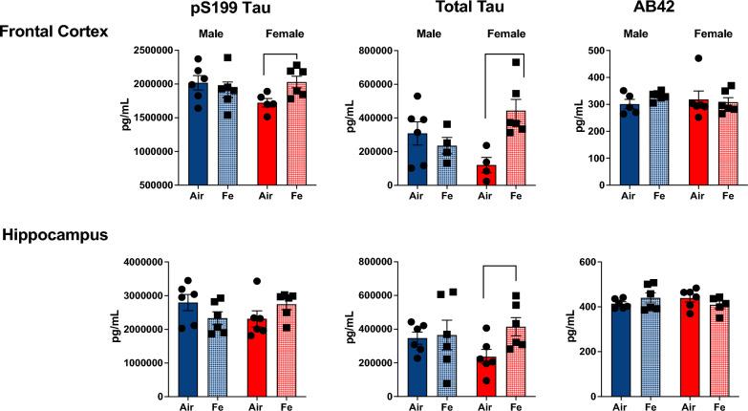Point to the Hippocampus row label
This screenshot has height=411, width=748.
[52, 233]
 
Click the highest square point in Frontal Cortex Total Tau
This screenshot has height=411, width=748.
[517, 63]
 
